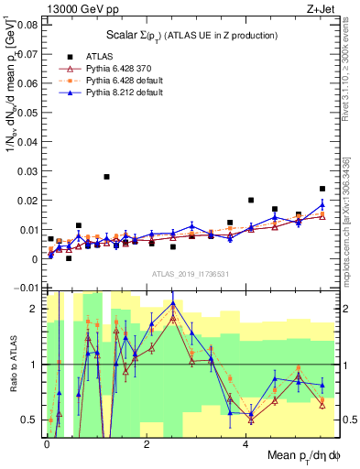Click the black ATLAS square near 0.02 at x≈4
coord(251,200)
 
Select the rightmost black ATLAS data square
coord(322,189)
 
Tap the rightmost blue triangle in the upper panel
coord(322,204)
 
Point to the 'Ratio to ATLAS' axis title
coord(10,365)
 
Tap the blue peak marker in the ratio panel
coord(173,302)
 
